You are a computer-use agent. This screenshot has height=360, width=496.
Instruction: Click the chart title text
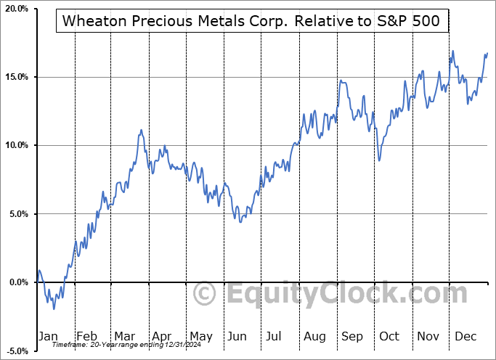(251, 21)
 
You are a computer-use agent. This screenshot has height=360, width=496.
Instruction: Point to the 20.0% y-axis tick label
(16, 9)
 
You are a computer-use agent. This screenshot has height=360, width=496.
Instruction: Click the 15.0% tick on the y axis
(16, 77)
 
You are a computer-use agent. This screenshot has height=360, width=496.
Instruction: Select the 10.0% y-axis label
(16, 145)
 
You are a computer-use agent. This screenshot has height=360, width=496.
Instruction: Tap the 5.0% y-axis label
(18, 214)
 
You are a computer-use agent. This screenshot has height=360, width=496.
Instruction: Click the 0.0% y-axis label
(18, 282)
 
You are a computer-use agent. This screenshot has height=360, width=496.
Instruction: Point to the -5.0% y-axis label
(17, 351)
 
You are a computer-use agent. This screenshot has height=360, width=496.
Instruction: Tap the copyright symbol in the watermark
(206, 295)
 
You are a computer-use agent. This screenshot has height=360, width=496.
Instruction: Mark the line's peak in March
(141, 130)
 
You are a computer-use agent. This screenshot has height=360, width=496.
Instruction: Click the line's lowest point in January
(54, 309)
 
